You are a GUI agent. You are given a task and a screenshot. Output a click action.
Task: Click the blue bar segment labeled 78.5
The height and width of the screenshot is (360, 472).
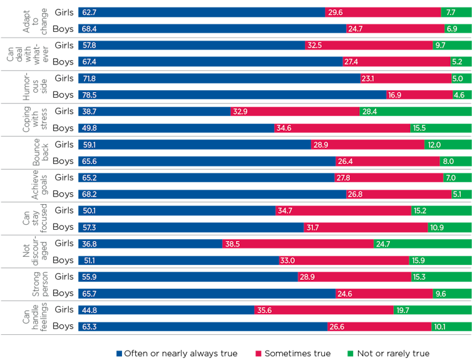(x=232, y=95)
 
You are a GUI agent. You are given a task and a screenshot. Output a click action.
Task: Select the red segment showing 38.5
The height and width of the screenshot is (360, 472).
(x=298, y=244)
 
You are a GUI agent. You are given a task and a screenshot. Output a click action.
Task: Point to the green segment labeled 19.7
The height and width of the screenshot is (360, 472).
(x=432, y=309)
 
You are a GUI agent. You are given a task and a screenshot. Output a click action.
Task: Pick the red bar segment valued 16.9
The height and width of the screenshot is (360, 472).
(x=419, y=95)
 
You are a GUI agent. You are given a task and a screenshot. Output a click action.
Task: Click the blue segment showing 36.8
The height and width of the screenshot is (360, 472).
(x=150, y=244)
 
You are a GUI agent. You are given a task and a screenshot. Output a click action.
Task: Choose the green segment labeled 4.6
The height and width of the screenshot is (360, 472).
(x=461, y=95)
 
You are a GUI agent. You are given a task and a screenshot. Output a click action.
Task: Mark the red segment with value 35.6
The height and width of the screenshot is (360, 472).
(x=324, y=309)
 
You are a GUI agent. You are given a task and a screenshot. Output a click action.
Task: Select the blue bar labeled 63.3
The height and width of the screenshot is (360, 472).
(x=202, y=326)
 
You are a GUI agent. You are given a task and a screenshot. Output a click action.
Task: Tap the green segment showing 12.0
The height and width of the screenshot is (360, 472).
(x=447, y=145)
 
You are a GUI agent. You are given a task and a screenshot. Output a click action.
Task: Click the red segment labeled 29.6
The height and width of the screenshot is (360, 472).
(x=382, y=12)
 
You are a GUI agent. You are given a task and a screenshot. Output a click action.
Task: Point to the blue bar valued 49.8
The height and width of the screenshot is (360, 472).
(x=176, y=128)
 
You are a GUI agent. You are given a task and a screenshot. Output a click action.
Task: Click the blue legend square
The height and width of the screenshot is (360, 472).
(x=119, y=353)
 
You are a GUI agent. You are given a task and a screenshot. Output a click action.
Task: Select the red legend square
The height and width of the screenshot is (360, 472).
(x=258, y=353)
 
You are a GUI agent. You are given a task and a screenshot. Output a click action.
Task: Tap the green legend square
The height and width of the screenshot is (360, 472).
(x=350, y=353)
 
